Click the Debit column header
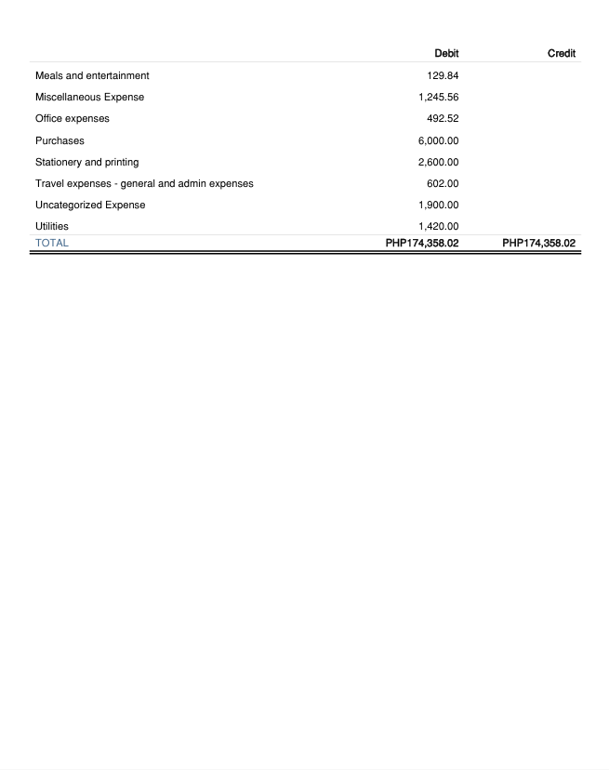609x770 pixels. pyautogui.click(x=446, y=54)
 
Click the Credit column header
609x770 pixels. pyautogui.click(x=562, y=54)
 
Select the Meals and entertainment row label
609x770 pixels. pyautogui.click(x=92, y=75)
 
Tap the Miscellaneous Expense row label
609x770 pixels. pyautogui.click(x=89, y=97)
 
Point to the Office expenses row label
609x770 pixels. pyautogui.click(x=72, y=118)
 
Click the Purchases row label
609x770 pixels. pyautogui.click(x=60, y=140)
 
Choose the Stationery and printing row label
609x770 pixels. pyautogui.click(x=86, y=162)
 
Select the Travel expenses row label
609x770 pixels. pyautogui.click(x=144, y=183)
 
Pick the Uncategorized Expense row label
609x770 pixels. pyautogui.click(x=90, y=205)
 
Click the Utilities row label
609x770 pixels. pyautogui.click(x=52, y=226)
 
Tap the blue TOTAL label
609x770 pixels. pyautogui.click(x=52, y=243)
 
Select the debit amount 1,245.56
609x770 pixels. pyautogui.click(x=439, y=97)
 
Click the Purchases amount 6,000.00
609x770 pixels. pyautogui.click(x=439, y=140)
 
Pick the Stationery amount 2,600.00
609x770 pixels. pyautogui.click(x=439, y=162)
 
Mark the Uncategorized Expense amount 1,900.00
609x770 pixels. pyautogui.click(x=439, y=205)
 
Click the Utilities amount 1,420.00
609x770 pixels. pyautogui.click(x=439, y=226)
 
